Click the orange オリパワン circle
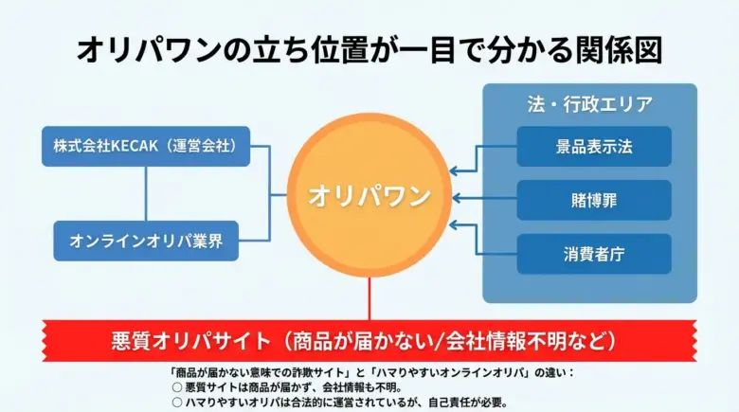coord(369,196)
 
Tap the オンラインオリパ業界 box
coord(146,241)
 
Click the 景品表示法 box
coord(594,147)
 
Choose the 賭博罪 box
coord(594,200)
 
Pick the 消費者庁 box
coord(594,254)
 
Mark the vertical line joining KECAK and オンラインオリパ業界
coord(146,193)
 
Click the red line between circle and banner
coord(369,298)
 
